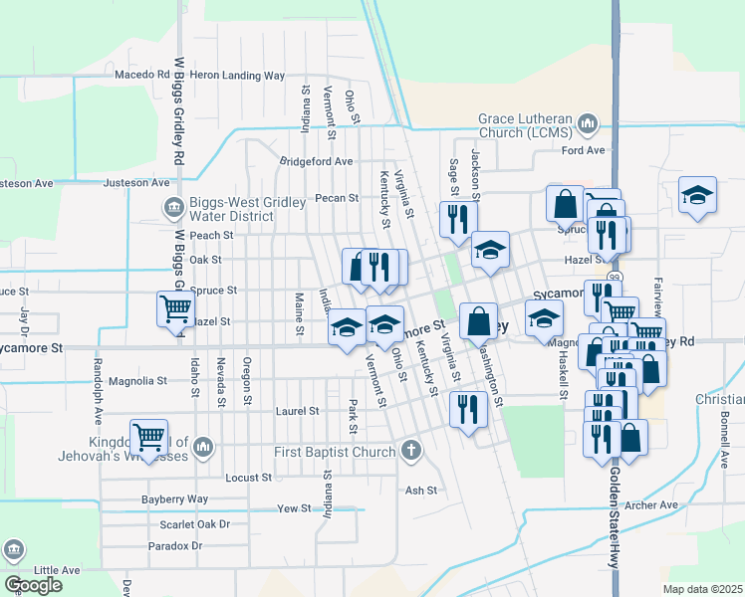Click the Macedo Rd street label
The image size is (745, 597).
click(142, 75)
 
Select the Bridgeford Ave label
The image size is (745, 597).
click(317, 161)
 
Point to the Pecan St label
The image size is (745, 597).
click(337, 198)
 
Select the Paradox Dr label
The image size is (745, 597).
click(175, 546)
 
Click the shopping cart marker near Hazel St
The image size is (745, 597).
click(175, 308)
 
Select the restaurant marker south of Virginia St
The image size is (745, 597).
click(467, 408)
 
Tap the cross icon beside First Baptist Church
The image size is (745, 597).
click(409, 452)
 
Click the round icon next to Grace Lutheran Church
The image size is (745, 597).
click(587, 123)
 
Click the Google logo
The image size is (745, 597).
click(32, 585)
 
